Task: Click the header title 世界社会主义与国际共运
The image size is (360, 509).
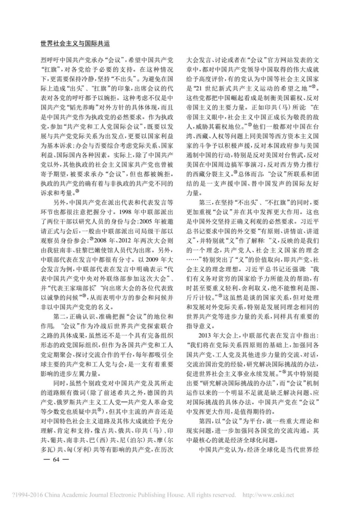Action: (75, 44)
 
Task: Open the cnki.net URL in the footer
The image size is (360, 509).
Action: (268, 495)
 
